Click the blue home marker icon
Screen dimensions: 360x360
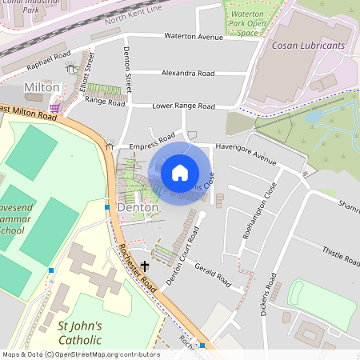180,173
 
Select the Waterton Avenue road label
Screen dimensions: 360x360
194,37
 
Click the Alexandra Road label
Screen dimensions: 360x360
188,73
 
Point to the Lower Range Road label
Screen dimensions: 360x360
184,106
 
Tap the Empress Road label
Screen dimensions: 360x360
151,142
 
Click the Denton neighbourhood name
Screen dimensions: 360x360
138,207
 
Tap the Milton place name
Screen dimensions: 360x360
42,86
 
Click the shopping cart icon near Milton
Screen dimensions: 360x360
54,106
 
